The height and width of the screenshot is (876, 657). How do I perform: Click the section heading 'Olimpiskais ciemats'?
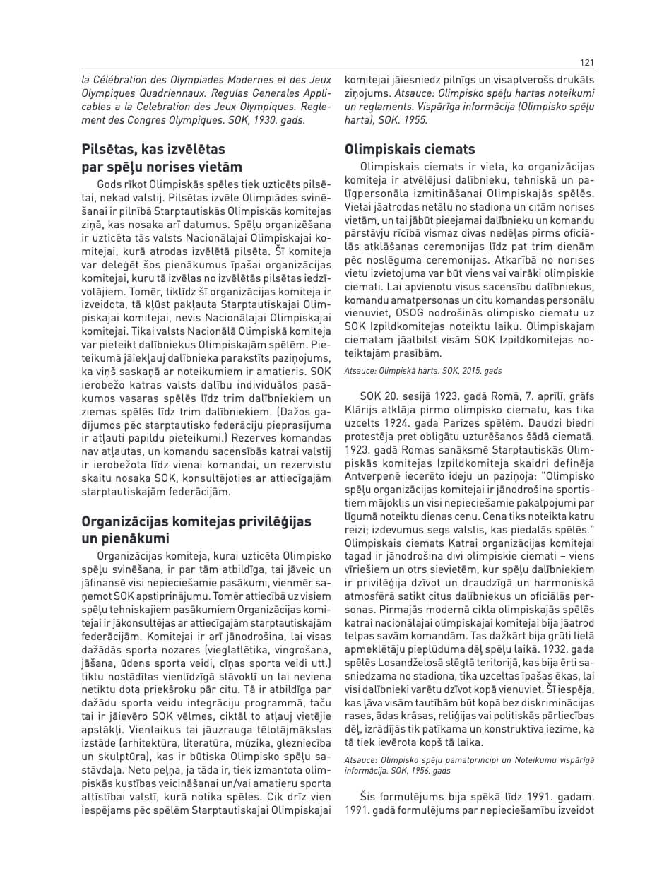pyautogui.click(x=410, y=149)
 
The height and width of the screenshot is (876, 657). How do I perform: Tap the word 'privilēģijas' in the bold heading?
pyautogui.click(x=271, y=521)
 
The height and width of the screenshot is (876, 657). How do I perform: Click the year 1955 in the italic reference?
pyautogui.click(x=415, y=119)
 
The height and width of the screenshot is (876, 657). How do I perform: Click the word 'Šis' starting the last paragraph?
pyautogui.click(x=369, y=797)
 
